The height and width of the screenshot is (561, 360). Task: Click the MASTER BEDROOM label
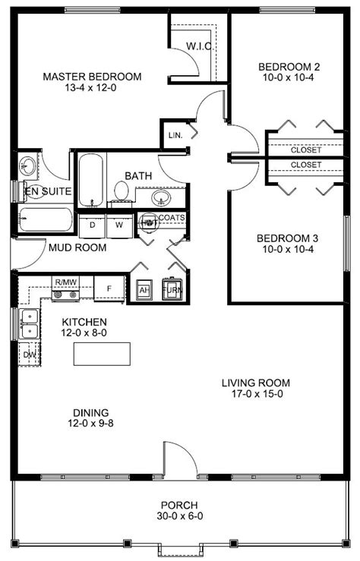coord(92,77)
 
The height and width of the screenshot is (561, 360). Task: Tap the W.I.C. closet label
coord(200,46)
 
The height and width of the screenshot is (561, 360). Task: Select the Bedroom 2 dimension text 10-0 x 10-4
coord(289,77)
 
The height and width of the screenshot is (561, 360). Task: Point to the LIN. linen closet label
coord(175,135)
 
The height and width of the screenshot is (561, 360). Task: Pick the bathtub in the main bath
coord(91,180)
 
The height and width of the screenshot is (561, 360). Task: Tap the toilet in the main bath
coord(122,192)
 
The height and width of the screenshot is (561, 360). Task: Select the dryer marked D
coord(93,225)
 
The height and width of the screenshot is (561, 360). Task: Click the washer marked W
coord(119,225)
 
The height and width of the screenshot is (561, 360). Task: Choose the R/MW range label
coord(65,282)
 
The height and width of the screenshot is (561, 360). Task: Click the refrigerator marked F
coord(109,288)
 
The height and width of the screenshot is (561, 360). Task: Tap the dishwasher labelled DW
coord(30,355)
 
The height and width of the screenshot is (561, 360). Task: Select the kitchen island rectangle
coord(102,354)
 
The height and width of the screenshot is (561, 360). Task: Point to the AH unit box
coord(144,290)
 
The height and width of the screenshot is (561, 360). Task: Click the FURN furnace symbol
coord(172,288)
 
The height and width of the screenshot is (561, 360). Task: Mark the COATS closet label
coord(172,218)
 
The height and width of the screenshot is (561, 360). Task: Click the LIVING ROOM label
coord(256,383)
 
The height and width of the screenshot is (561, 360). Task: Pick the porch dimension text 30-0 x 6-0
coord(180,516)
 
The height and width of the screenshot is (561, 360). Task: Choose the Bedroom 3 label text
coord(288,238)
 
